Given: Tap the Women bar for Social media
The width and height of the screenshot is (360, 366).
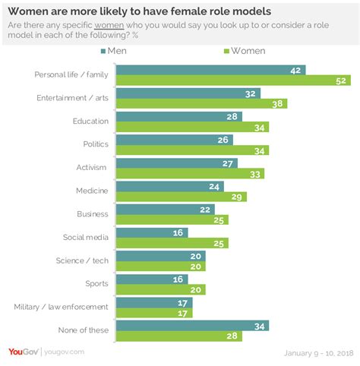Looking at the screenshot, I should pyautogui.click(x=172, y=243).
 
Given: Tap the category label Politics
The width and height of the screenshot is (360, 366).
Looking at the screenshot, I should pyautogui.click(x=95, y=144).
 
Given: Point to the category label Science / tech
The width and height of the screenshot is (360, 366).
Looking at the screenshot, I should pyautogui.click(x=82, y=261).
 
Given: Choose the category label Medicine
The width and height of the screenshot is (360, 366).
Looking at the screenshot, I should pyautogui.click(x=93, y=191).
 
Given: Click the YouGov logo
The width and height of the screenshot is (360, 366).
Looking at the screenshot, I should pyautogui.click(x=22, y=352).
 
